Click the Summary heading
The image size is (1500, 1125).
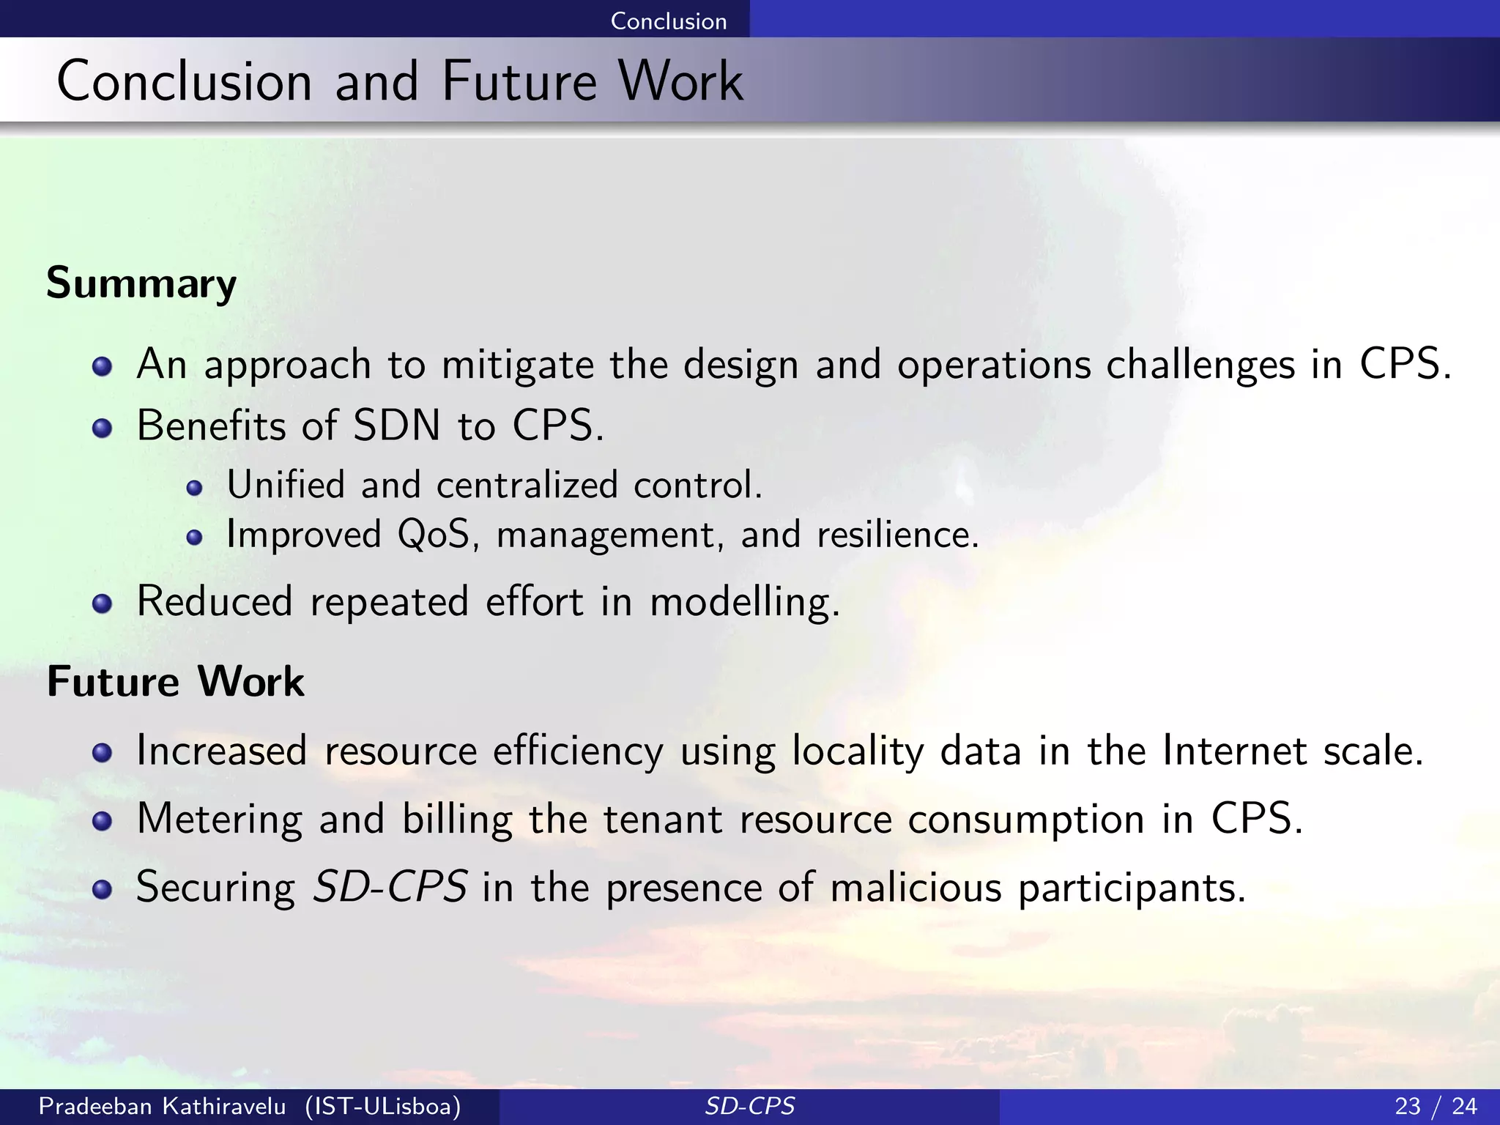(x=141, y=283)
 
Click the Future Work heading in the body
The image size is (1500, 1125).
(x=175, y=682)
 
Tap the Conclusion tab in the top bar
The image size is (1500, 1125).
(x=668, y=21)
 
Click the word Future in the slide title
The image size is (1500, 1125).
(x=519, y=81)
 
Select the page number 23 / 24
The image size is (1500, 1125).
(x=1436, y=1105)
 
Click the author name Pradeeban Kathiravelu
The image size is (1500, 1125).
(x=162, y=1105)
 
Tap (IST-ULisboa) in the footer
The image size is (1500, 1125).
(x=383, y=1105)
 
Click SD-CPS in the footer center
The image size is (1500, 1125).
(x=749, y=1105)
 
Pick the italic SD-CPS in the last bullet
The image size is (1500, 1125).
(x=390, y=887)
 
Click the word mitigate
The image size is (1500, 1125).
(x=518, y=364)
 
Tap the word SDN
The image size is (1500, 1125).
(x=397, y=425)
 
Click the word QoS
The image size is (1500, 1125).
(x=434, y=534)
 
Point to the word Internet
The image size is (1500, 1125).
(x=1234, y=751)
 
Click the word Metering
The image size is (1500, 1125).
(x=219, y=819)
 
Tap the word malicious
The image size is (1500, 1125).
(x=916, y=887)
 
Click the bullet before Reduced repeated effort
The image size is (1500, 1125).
(x=102, y=604)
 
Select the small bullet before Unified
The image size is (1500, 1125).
(x=194, y=489)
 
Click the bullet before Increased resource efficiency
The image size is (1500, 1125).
(x=102, y=753)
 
